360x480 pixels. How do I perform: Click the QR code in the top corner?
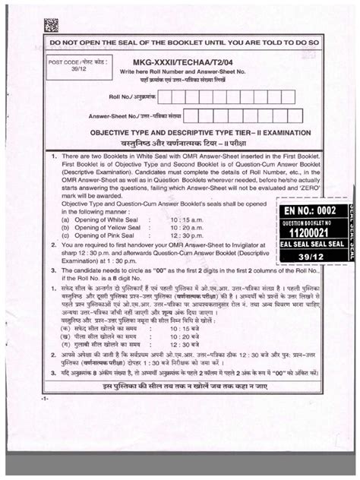[50, 24]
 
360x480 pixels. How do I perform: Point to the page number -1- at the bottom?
[46, 399]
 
